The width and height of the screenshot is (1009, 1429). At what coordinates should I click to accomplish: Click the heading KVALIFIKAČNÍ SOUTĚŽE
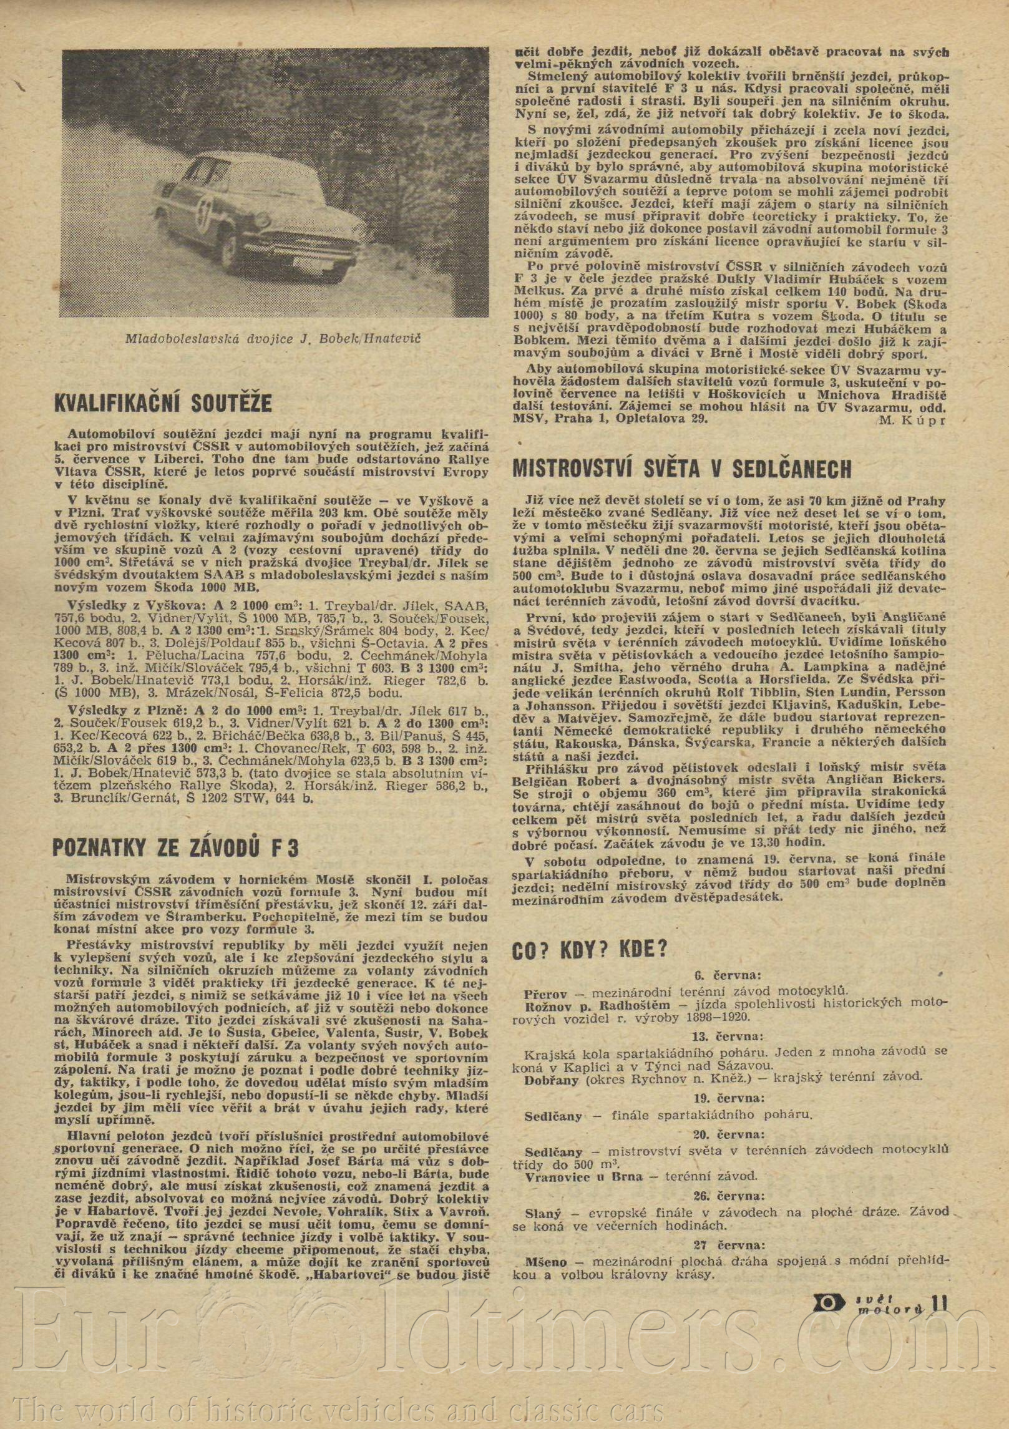coord(163,402)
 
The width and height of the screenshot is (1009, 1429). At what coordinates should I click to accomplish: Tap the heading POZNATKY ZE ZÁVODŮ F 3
coord(177,847)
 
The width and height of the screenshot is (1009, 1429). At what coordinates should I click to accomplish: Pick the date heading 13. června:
coord(728,1036)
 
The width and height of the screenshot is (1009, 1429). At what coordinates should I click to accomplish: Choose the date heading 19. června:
coord(728,1097)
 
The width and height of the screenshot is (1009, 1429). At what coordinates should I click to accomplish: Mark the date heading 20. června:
coord(728,1132)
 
